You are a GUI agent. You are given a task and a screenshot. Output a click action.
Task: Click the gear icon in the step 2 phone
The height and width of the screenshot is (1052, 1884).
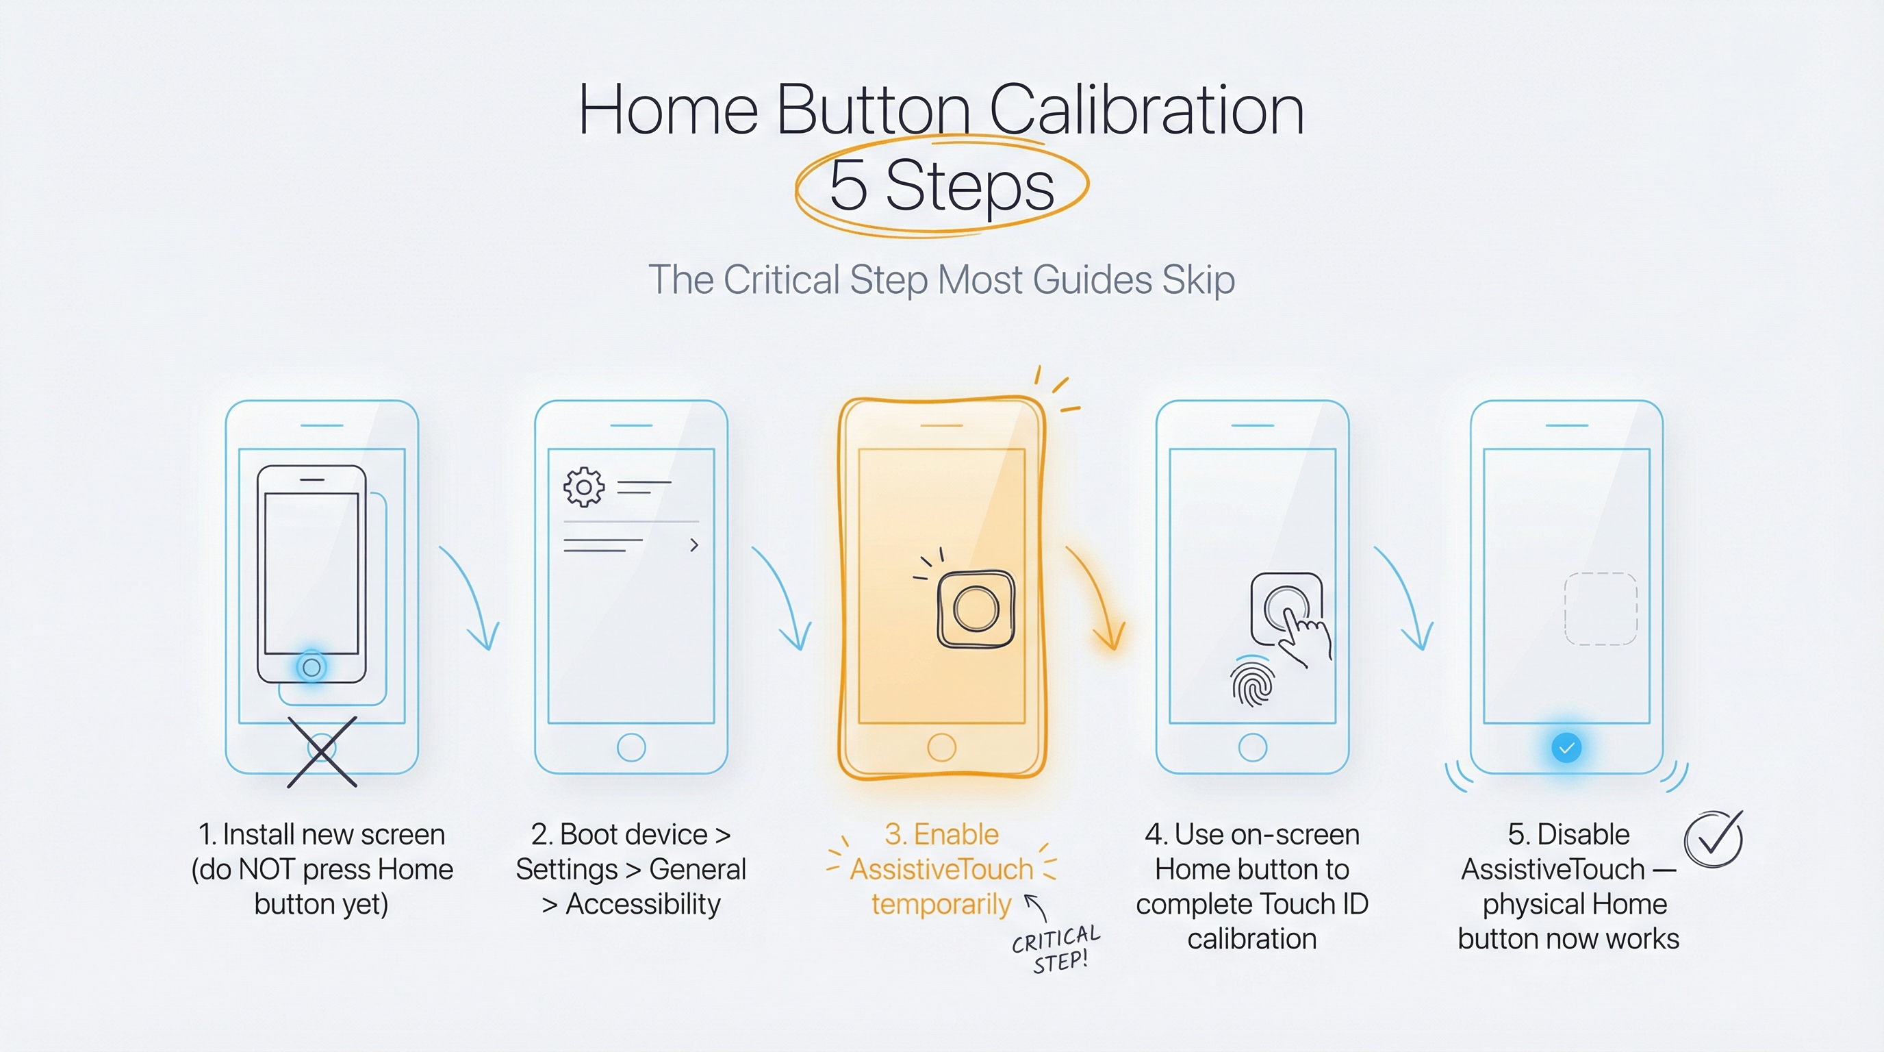click(x=584, y=487)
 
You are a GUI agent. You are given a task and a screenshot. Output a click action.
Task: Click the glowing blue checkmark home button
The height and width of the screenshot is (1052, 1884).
click(x=1566, y=748)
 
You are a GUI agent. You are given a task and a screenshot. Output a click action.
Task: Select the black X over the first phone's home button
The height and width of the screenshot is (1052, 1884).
click(x=322, y=751)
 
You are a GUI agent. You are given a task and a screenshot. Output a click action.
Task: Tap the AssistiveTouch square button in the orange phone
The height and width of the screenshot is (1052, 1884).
click(x=976, y=610)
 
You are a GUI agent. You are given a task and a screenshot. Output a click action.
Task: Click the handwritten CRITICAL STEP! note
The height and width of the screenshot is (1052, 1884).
click(x=1056, y=949)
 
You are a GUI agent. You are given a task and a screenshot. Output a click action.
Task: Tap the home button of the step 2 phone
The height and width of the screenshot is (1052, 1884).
click(x=631, y=748)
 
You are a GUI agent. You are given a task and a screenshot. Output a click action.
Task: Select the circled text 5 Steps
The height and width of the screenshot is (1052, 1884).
click(x=942, y=185)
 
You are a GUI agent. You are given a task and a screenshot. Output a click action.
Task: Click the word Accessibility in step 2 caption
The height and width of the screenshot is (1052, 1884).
click(x=643, y=904)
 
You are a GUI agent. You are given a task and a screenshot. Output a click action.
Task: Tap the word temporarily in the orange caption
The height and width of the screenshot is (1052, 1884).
click(x=941, y=904)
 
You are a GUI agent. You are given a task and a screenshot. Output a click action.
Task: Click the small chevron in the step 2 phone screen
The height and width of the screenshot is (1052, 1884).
click(x=694, y=545)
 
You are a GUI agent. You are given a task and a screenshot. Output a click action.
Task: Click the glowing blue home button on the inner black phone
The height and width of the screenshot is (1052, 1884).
click(x=311, y=667)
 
